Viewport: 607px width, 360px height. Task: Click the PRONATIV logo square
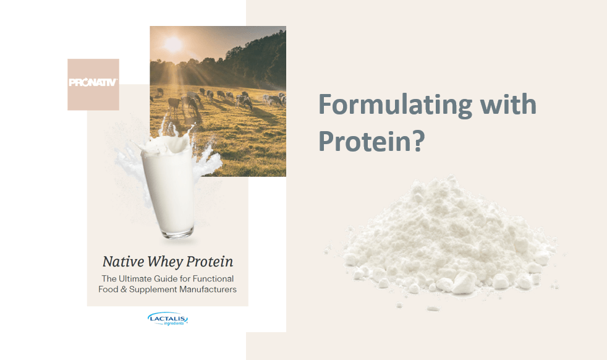93,85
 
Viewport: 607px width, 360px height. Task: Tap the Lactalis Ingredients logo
168,319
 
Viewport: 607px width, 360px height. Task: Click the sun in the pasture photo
173,45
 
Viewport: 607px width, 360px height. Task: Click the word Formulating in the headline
395,105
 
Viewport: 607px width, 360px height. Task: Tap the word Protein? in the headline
371,140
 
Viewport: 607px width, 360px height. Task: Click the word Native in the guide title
123,262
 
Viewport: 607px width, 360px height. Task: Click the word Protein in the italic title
210,262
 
